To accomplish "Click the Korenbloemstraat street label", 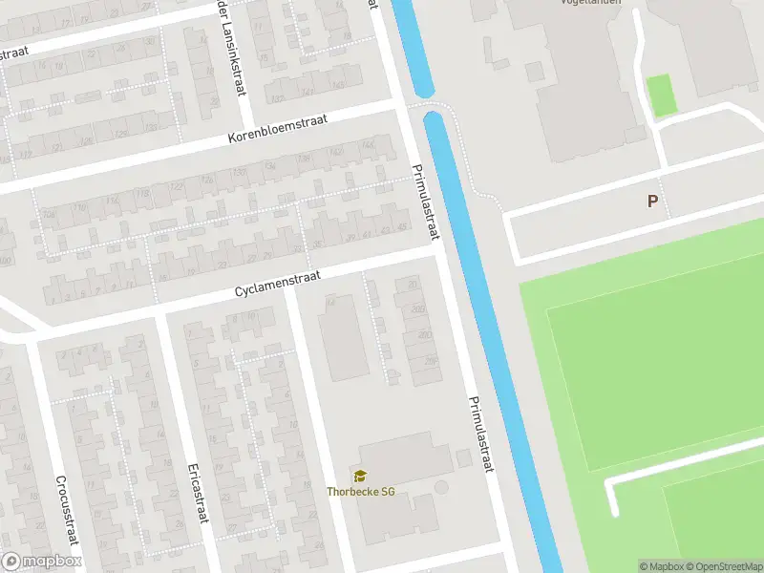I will (x=278, y=130).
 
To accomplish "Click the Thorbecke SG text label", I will (x=361, y=492).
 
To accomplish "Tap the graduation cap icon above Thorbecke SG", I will (x=360, y=476).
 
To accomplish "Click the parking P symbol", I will (x=653, y=202).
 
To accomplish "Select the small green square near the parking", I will (x=661, y=95).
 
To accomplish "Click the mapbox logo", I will (x=41, y=562).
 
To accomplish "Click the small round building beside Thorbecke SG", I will (x=440, y=488).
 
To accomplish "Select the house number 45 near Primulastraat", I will (x=401, y=226).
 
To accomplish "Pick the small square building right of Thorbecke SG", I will (x=464, y=459).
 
